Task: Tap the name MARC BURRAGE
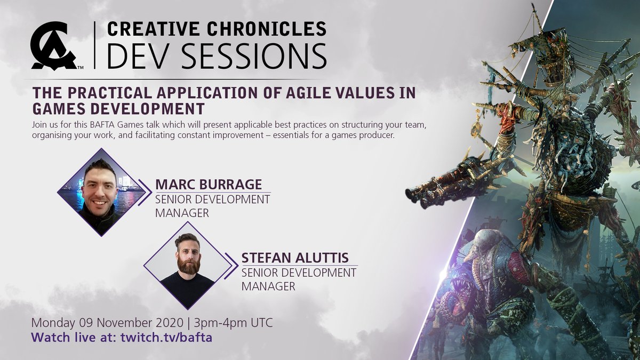209,185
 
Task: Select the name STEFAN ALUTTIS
295,258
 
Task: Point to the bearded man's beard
187,265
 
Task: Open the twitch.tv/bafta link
163,338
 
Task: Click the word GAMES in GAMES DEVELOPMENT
64,108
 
